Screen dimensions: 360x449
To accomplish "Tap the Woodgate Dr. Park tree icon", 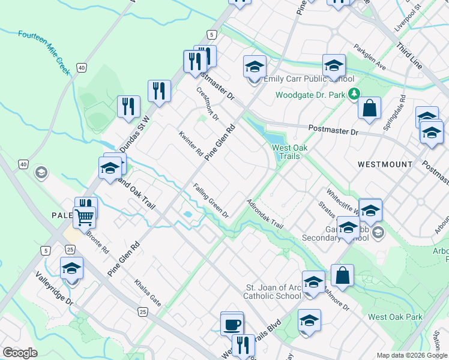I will [355, 94].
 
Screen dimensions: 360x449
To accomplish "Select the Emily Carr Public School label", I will [309, 79].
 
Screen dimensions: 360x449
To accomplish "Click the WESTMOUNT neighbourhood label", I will [385, 164].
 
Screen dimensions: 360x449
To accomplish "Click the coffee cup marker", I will [232, 325].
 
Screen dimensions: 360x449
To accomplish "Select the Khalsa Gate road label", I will [148, 293].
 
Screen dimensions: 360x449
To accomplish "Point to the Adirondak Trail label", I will [264, 214].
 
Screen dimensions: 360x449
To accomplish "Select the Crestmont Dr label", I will [208, 104].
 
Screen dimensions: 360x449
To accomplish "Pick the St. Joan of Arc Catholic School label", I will [273, 292].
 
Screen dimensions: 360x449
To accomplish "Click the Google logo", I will [19, 353].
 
